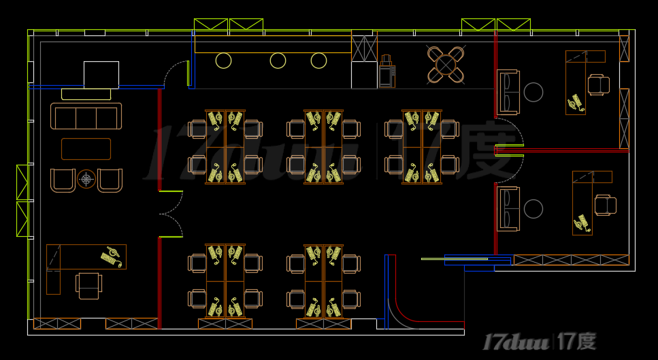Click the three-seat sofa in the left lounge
point(86,116)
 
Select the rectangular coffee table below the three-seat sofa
point(86,149)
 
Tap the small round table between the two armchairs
point(86,179)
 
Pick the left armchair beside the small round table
point(63,180)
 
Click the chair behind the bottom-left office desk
point(89,284)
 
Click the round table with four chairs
point(446,65)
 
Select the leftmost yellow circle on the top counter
point(223,61)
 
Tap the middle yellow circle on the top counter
point(278,61)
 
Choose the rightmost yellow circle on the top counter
point(318,61)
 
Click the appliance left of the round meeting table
point(386,71)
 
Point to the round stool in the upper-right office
point(533,92)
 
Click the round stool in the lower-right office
point(533,209)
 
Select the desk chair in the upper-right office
point(599,84)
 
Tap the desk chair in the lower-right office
point(605,205)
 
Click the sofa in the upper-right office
point(508,92)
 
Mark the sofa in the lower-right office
point(508,208)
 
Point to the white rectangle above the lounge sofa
point(101,74)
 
